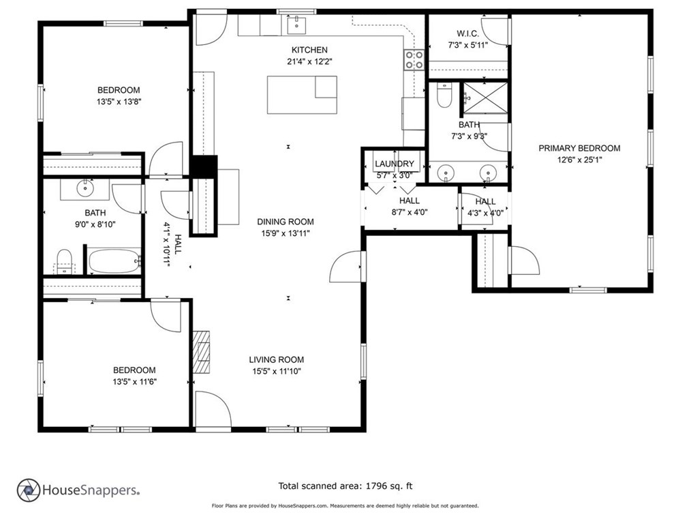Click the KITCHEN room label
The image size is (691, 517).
tap(309, 50)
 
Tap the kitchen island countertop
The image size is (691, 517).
tap(302, 95)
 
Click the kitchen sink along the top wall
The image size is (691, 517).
tap(296, 25)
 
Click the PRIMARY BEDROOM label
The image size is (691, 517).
tap(579, 148)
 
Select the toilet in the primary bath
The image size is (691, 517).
tap(444, 97)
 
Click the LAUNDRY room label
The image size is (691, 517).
tap(394, 164)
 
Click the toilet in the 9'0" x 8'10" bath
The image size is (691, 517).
tap(64, 260)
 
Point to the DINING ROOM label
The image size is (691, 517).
tap(286, 222)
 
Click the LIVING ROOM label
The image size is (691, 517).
tap(276, 359)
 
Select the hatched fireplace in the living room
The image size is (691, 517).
tap(202, 351)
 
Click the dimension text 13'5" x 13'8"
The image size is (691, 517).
tap(119, 102)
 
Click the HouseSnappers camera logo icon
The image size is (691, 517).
tap(28, 489)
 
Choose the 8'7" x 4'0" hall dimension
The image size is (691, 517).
tap(410, 212)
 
